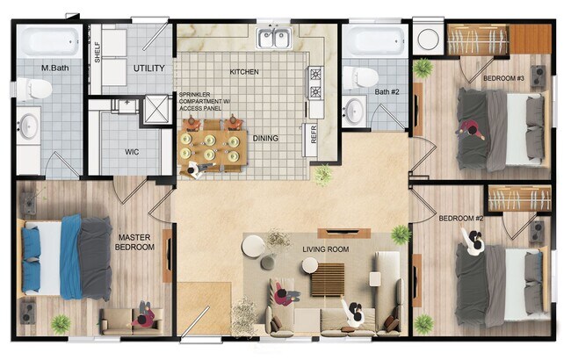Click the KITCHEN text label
pos(244,71)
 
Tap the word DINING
pos(265,138)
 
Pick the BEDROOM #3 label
pos(503,79)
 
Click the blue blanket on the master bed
pos(33,260)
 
